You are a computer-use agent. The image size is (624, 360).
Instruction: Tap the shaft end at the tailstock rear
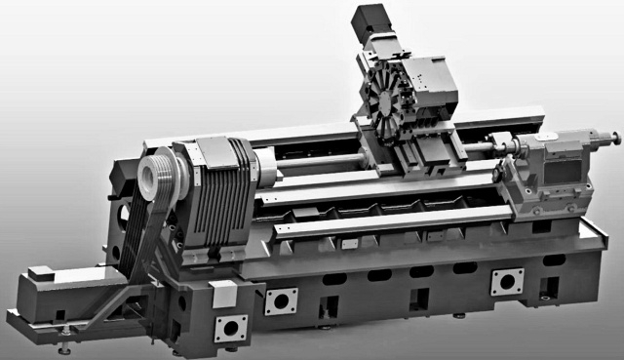(x=613, y=134)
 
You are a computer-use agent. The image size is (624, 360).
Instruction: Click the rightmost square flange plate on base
(x=506, y=281)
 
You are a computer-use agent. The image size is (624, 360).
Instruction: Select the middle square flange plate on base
(x=281, y=300)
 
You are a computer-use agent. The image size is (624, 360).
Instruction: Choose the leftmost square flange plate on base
(x=231, y=328)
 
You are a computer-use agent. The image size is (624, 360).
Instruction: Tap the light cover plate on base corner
(x=223, y=292)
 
